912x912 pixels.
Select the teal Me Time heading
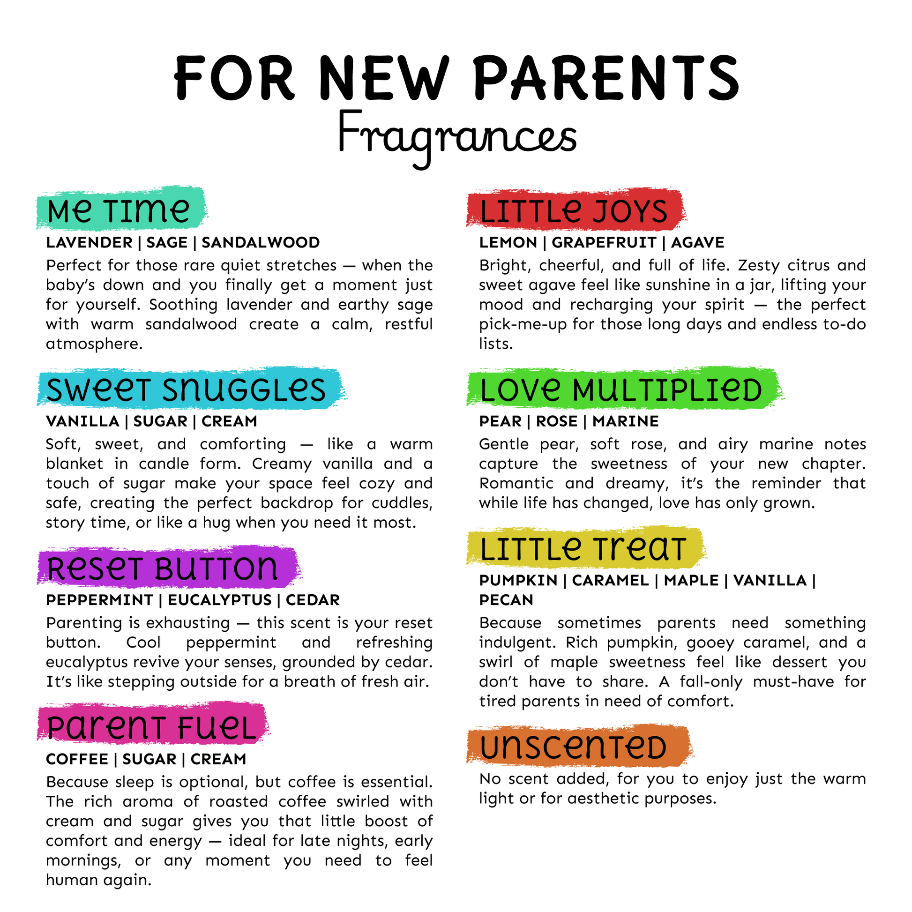[x=119, y=210]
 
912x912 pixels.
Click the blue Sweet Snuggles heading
[x=187, y=390]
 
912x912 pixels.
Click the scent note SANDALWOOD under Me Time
[x=261, y=243]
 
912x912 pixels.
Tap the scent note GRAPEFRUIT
[x=604, y=243]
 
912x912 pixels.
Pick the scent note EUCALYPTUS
[x=220, y=600]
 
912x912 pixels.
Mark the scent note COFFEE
[x=77, y=759]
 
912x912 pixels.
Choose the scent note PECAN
[x=506, y=600]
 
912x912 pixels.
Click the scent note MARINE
[x=626, y=421]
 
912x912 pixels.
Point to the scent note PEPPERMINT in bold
[x=100, y=600]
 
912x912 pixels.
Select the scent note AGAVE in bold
[x=697, y=243]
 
